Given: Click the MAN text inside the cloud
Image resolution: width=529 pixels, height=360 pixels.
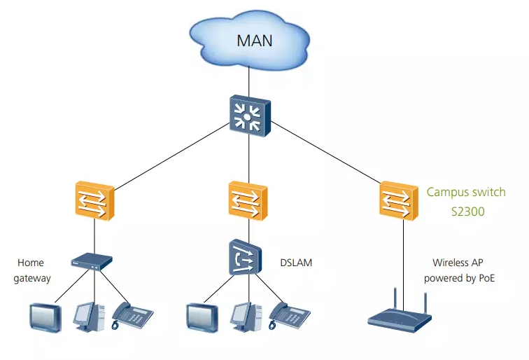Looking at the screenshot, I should click(254, 39).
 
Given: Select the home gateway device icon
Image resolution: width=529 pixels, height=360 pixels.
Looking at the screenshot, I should click(92, 262).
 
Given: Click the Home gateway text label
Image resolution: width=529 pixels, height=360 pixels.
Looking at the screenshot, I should click(31, 270).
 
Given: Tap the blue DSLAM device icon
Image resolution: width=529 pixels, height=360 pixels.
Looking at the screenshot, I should click(245, 258).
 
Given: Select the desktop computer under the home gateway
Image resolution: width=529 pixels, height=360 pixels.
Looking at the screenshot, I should click(89, 317).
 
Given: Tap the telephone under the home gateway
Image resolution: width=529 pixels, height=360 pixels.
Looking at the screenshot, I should click(133, 317).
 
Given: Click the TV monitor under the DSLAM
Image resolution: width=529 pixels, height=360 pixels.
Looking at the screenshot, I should click(202, 317).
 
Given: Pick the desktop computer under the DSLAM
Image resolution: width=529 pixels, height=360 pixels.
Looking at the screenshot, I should click(246, 317).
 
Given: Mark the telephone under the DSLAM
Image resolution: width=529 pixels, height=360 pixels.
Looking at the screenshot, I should click(290, 317).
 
